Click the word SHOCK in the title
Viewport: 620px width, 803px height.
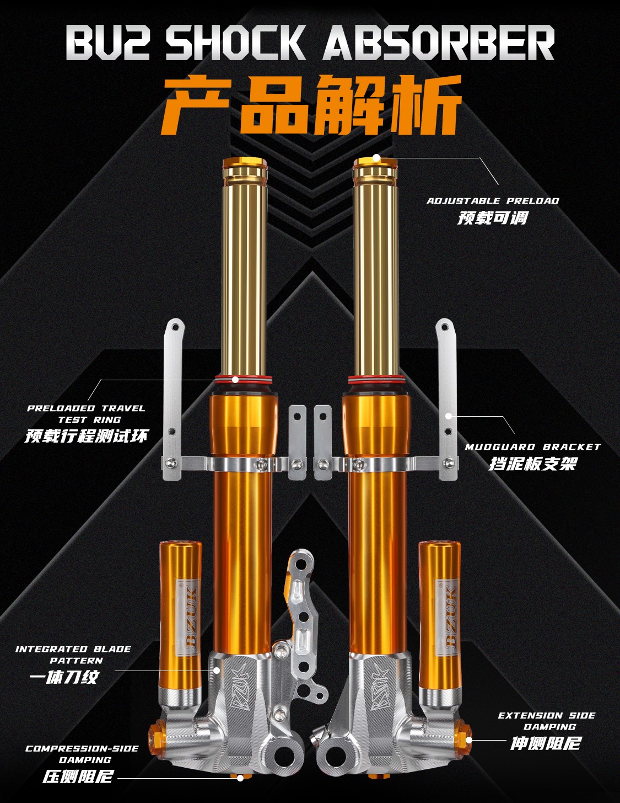235,42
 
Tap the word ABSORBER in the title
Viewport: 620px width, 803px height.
439,42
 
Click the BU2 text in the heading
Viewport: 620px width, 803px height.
107,42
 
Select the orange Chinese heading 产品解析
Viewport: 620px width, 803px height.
311,104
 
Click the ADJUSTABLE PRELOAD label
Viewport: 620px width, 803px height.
493,201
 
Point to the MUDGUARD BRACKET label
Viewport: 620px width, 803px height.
532,447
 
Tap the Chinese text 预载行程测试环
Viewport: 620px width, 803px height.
86,435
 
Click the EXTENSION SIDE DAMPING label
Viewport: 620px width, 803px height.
547,721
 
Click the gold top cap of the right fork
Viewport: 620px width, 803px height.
375,162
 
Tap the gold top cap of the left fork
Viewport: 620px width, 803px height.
245,162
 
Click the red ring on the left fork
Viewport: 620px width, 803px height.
244,379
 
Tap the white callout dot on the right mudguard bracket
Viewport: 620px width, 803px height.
449,416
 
